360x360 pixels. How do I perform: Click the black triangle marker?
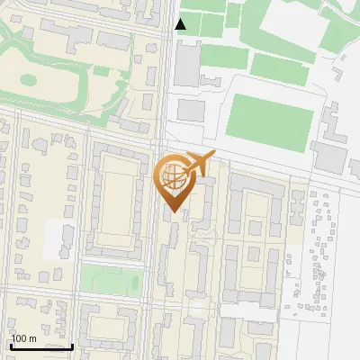click(x=181, y=24)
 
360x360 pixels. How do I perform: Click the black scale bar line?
click(x=40, y=346)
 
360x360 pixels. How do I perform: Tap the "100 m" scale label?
click(x=24, y=338)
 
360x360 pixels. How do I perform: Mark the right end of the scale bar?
click(x=72, y=346)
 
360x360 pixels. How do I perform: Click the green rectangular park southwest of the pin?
click(x=112, y=279)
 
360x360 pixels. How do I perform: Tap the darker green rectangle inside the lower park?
click(x=134, y=284)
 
